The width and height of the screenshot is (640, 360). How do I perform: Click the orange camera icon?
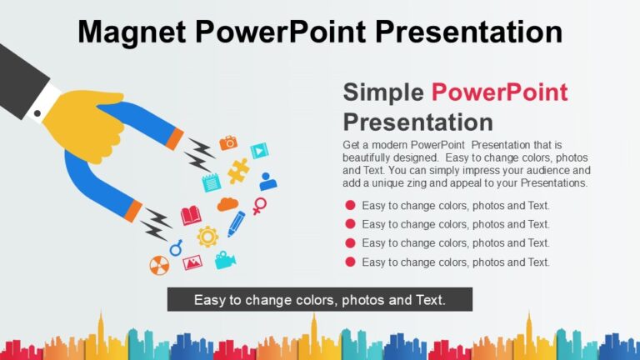[228, 142]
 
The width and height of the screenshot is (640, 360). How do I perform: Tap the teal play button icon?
[260, 151]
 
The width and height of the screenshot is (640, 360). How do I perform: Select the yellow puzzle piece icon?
[238, 170]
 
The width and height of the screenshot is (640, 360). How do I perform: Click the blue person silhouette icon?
[267, 181]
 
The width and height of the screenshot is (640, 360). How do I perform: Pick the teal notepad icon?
[211, 182]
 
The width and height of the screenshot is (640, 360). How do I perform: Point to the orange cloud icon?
[227, 204]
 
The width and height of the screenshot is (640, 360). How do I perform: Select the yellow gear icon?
[207, 236]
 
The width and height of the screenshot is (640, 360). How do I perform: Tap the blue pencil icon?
[237, 223]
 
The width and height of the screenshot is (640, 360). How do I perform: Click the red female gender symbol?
[260, 206]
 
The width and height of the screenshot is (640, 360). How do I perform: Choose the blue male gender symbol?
[176, 247]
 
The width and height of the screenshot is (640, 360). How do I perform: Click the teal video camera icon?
[225, 260]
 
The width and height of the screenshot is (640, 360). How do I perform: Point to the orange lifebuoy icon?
[158, 265]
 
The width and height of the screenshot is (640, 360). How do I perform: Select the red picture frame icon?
[192, 262]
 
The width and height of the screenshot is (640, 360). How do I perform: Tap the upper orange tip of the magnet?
[174, 139]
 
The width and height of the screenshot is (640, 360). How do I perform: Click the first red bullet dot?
[351, 205]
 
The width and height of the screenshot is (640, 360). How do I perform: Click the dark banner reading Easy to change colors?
[319, 299]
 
